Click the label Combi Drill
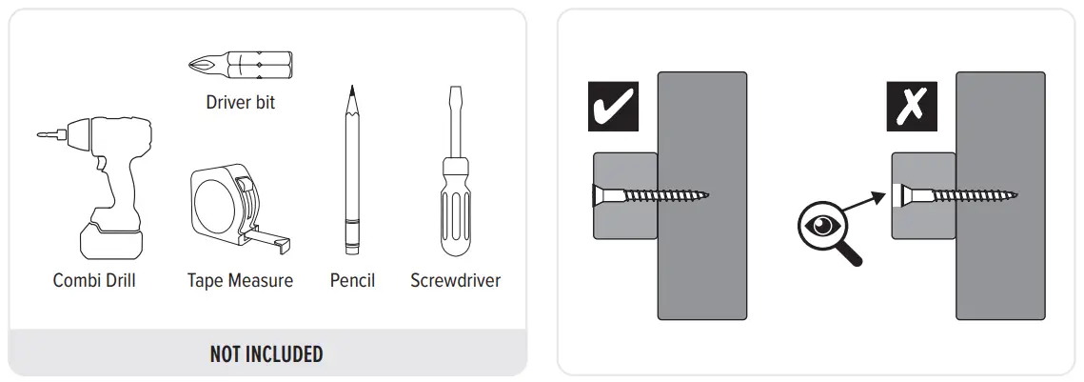[x=94, y=281]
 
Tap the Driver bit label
[x=240, y=102]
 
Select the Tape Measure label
[x=240, y=281]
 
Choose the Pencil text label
[x=352, y=281]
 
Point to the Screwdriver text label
[x=455, y=281]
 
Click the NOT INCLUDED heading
[x=266, y=355]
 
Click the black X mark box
[x=912, y=108]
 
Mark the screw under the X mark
[x=956, y=197]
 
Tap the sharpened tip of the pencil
[x=352, y=95]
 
